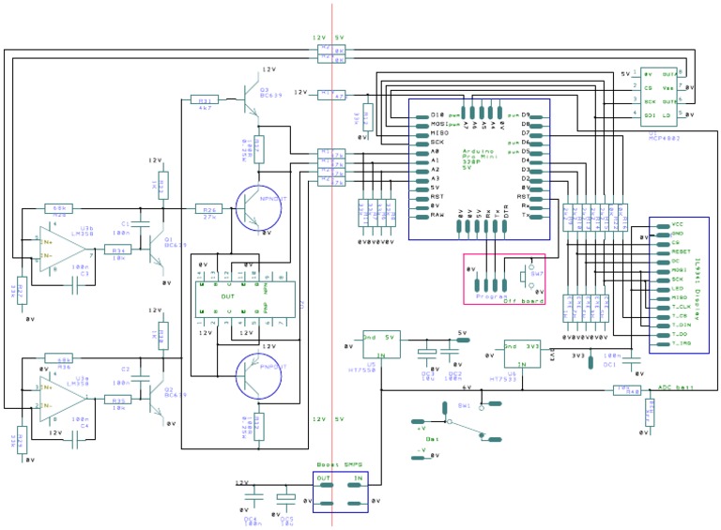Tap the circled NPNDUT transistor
[x=257, y=208]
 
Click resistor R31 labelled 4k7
[x=204, y=98]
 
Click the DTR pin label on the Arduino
[x=507, y=217]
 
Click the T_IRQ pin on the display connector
[x=681, y=344]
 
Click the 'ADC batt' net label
[x=676, y=386]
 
